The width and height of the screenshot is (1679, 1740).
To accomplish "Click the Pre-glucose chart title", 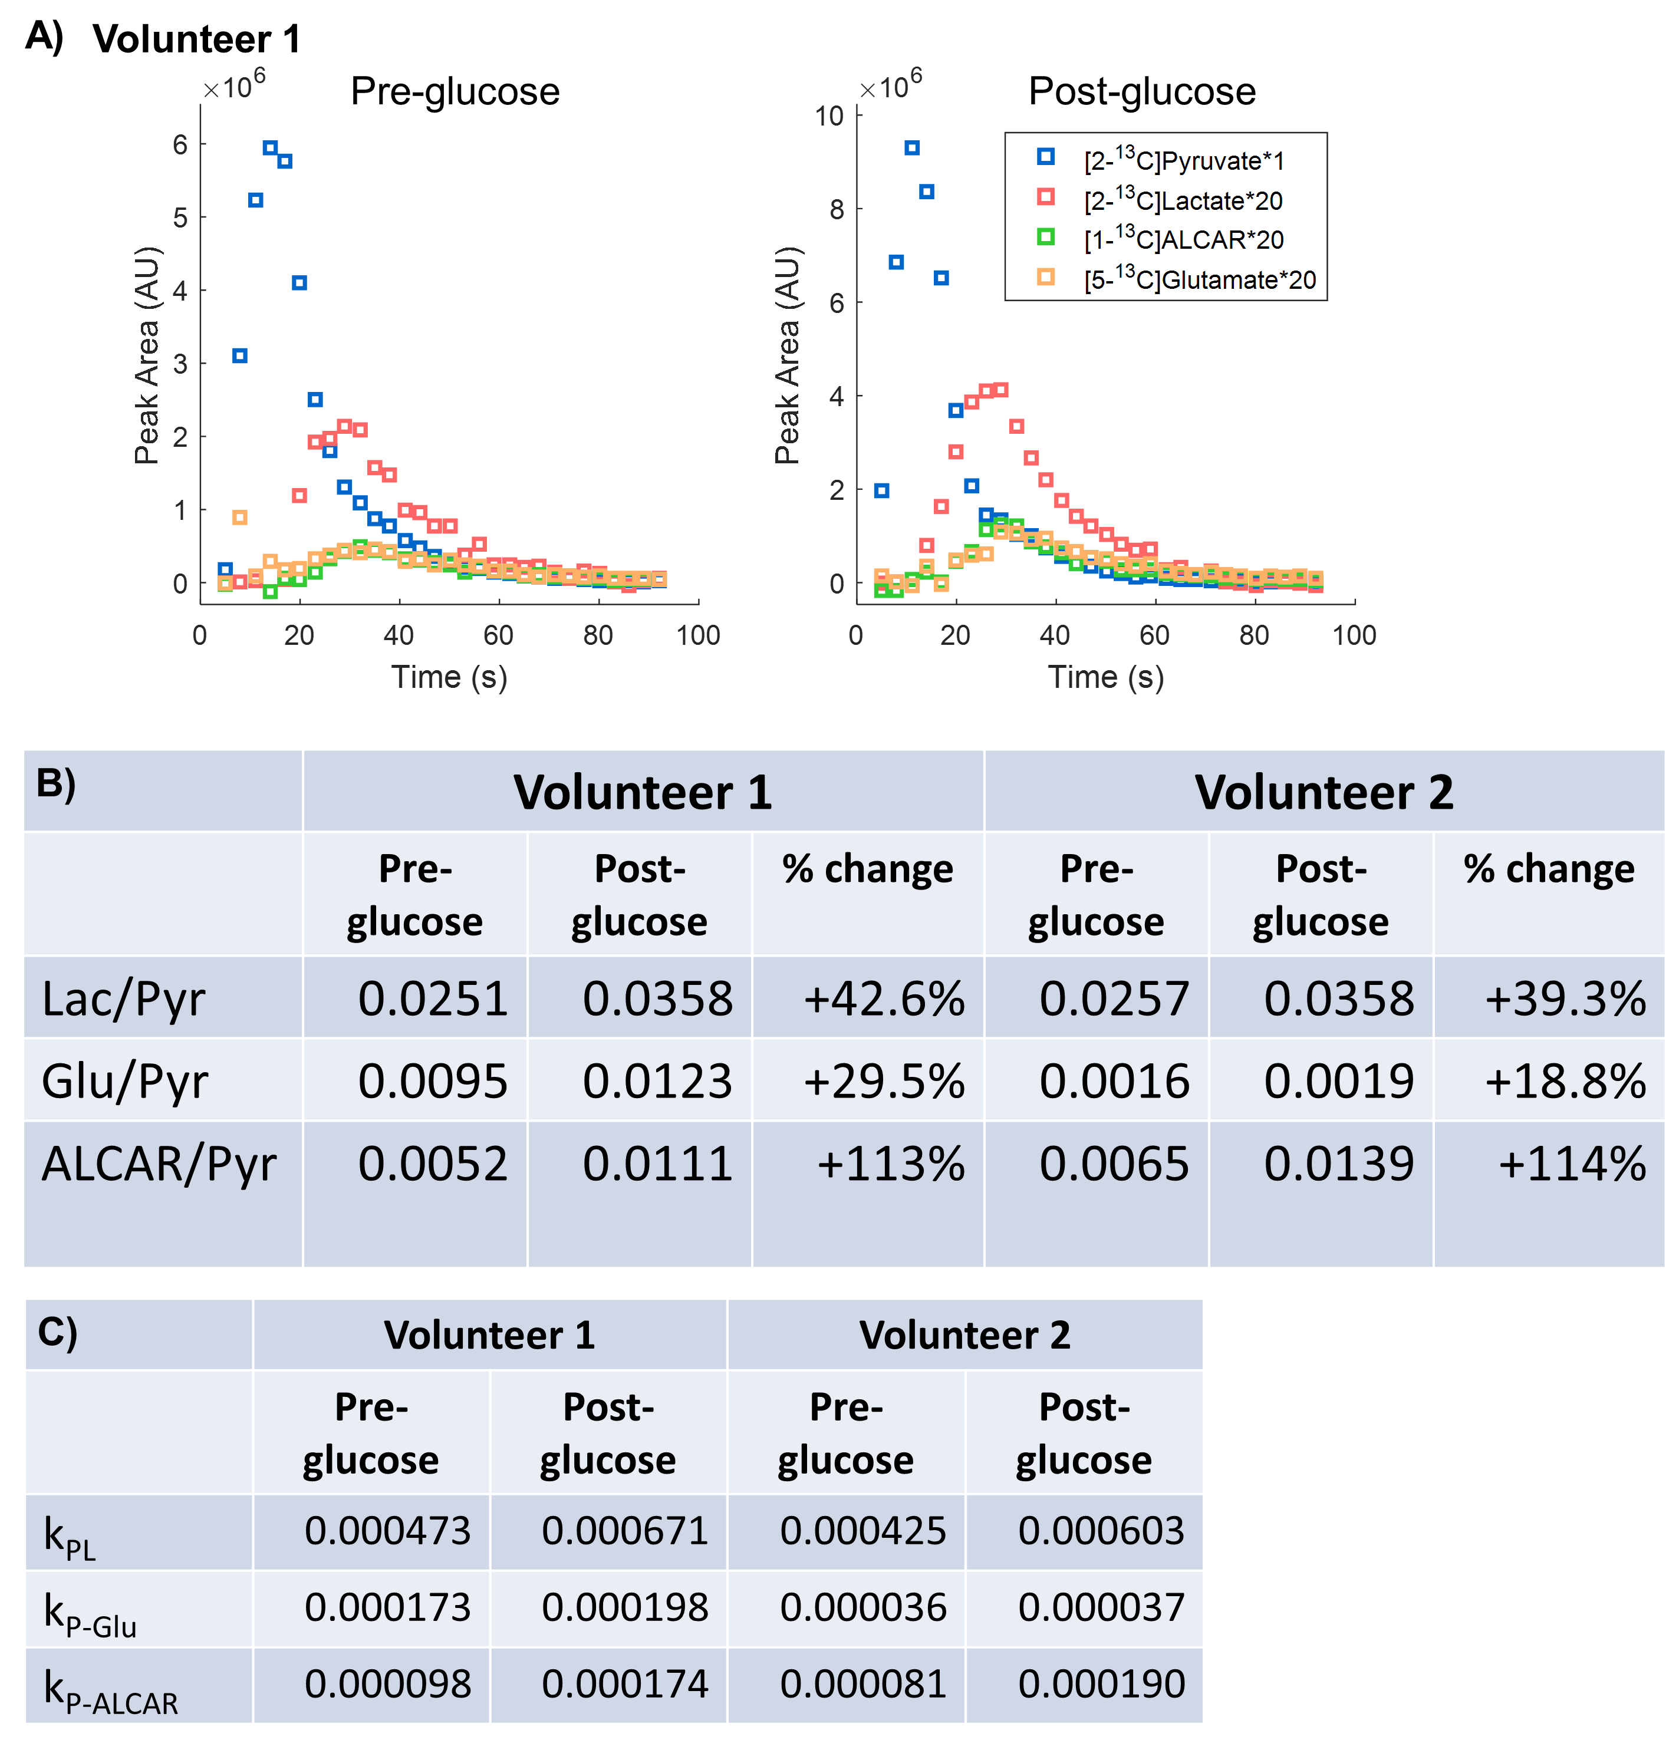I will [455, 91].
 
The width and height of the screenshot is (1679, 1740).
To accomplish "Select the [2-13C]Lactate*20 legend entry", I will [1182, 200].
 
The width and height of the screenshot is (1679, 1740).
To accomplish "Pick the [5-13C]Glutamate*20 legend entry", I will [1199, 279].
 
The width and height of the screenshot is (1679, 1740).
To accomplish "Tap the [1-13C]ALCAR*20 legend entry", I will [1183, 240].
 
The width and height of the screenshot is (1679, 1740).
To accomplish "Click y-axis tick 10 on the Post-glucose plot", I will [829, 116].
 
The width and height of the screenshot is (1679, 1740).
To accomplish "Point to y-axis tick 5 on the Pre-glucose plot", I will [180, 218].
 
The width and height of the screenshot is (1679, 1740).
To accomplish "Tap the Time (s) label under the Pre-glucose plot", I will [449, 677].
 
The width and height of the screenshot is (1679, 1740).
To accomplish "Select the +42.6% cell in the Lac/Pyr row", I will [884, 998].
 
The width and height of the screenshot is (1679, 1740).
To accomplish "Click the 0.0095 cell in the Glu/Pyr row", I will [432, 1081].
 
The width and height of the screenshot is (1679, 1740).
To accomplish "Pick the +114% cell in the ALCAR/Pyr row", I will [1572, 1164].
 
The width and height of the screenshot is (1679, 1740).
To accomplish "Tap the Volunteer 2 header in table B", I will [1323, 792].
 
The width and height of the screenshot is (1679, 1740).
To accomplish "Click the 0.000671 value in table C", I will [624, 1531].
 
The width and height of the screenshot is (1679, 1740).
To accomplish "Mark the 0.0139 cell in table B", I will [1338, 1164].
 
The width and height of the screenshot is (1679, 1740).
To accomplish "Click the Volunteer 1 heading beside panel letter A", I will [197, 39].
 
